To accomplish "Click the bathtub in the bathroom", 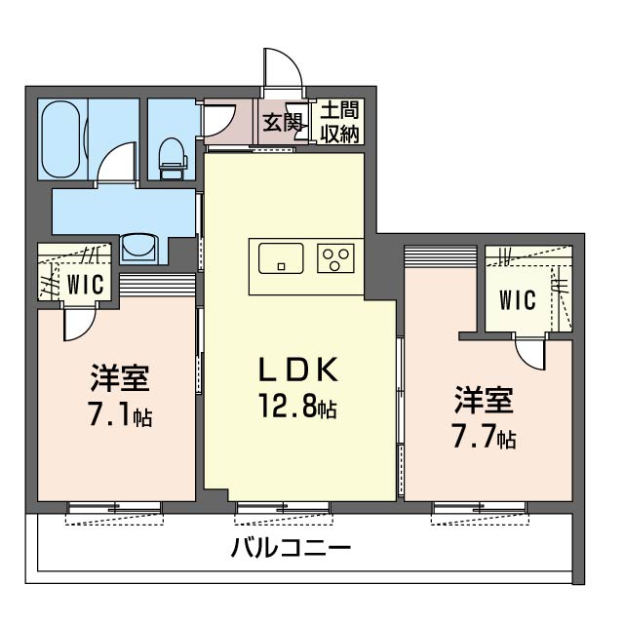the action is click(60, 138).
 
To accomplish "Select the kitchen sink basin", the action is click(281, 258).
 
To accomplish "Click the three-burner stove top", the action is click(335, 257).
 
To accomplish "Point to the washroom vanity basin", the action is click(138, 248).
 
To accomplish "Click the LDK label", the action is click(298, 370).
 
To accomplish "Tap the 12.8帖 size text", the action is click(297, 406).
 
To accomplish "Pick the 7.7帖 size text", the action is click(484, 436).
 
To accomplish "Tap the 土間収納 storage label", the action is click(339, 122).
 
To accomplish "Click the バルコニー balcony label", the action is click(291, 547).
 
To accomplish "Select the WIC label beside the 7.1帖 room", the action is click(85, 285).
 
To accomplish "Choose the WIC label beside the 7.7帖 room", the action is click(518, 300).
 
